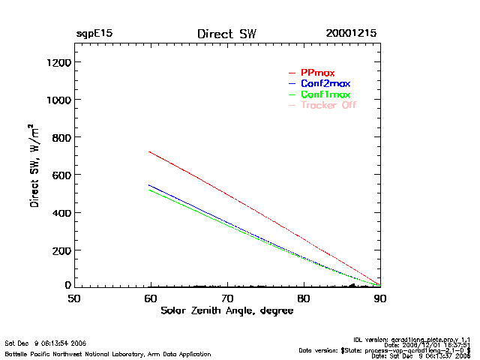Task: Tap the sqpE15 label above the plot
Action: tap(94, 34)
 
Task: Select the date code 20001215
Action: tap(351, 34)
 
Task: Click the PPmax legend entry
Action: tap(317, 73)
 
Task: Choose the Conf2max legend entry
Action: tap(325, 83)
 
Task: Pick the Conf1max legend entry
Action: tap(325, 94)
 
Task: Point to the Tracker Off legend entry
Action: tap(328, 105)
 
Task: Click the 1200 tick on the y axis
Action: tap(58, 62)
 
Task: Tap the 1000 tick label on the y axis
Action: tap(58, 100)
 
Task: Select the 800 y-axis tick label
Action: tap(61, 137)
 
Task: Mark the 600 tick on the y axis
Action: tap(61, 175)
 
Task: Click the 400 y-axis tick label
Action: tap(61, 212)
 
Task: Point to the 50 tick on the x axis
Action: tap(74, 298)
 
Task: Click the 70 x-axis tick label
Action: tap(227, 298)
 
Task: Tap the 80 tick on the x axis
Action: tap(304, 298)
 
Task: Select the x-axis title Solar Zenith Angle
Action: tap(227, 311)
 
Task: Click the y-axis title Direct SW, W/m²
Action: tap(35, 165)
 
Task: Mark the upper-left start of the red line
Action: tap(151, 152)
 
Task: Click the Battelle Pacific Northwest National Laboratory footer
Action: tap(108, 354)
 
